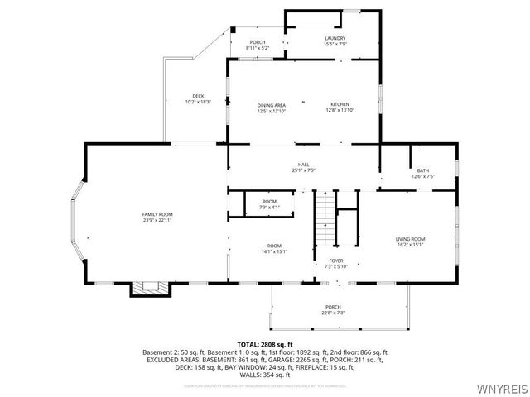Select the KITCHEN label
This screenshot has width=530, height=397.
[x=340, y=105]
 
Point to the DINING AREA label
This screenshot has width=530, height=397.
[x=271, y=105]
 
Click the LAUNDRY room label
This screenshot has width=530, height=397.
[x=335, y=38]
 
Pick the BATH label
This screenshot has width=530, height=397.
[x=422, y=170]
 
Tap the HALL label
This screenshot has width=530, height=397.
[x=303, y=165]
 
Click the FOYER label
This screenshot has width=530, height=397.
[x=336, y=260]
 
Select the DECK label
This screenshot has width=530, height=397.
[x=198, y=96]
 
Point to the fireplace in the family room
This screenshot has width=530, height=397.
[x=150, y=289]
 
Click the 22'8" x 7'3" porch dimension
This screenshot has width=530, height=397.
[x=333, y=313]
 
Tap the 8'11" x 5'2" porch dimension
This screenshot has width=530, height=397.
[x=258, y=48]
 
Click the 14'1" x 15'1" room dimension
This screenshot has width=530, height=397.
[x=273, y=251]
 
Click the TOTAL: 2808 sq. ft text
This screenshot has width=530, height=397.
[x=265, y=344]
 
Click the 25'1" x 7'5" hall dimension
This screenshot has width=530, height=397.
[x=303, y=170]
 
